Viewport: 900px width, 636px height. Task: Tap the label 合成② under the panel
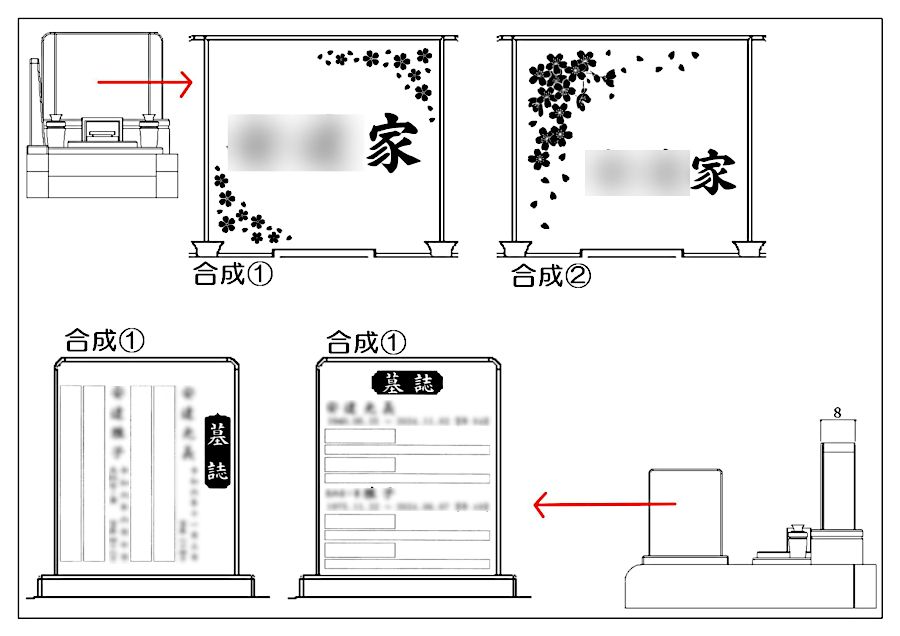[551, 276]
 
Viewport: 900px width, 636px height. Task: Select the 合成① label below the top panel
[233, 274]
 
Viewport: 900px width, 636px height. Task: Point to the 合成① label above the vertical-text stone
[105, 340]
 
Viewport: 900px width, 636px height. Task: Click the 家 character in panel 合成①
[393, 142]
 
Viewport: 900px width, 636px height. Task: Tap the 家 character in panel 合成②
[713, 172]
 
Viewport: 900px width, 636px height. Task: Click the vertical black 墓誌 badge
[217, 451]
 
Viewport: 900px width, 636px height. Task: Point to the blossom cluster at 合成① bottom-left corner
[244, 212]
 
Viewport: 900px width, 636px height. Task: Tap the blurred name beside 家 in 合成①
[295, 142]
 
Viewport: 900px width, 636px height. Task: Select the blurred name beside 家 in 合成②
[637, 172]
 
